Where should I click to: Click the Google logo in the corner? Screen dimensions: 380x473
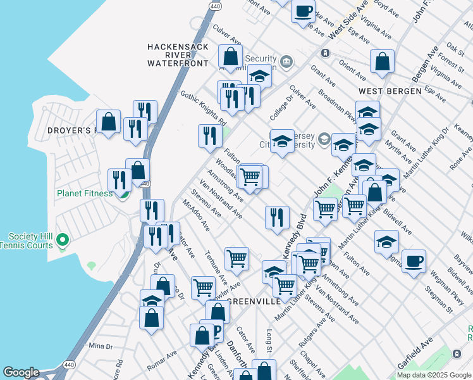click(x=21, y=372)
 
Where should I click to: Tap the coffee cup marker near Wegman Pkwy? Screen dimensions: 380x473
click(x=414, y=262)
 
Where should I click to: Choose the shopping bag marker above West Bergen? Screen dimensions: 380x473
click(x=382, y=61)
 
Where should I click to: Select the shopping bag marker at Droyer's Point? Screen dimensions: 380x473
click(x=108, y=122)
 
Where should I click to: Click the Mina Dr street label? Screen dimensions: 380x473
click(x=101, y=346)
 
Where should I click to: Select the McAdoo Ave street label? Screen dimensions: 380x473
click(x=195, y=216)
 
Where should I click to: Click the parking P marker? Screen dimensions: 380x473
click(x=216, y=332)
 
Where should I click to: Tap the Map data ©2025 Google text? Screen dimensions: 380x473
click(x=434, y=375)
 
